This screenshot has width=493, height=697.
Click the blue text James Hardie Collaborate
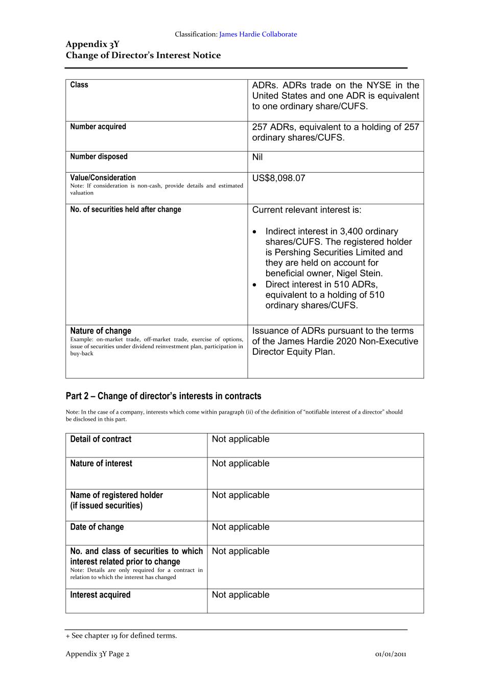point(257,34)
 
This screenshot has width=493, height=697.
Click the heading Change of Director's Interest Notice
point(143,55)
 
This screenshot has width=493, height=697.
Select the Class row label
point(79,85)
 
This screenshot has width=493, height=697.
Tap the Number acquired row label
point(98,127)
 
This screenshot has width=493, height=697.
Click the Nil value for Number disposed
point(257,157)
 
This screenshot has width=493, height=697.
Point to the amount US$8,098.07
point(278,178)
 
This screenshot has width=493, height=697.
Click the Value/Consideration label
point(103,178)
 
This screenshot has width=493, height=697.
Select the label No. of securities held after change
point(126,209)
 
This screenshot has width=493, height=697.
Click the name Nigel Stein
point(359,273)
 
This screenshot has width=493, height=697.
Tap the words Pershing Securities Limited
point(327,252)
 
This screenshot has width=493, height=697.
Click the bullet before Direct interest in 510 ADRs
point(255,285)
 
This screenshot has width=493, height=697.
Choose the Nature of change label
point(101,331)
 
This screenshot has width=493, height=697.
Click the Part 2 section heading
point(163,396)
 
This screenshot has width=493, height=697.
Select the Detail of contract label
point(101,439)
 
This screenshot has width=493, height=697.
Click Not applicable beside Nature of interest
point(241,464)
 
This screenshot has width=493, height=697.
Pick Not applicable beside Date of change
point(241,527)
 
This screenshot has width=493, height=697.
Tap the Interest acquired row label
point(100,595)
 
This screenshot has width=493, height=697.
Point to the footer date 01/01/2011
point(390,654)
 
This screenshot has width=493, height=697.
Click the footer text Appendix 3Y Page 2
point(98,654)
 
